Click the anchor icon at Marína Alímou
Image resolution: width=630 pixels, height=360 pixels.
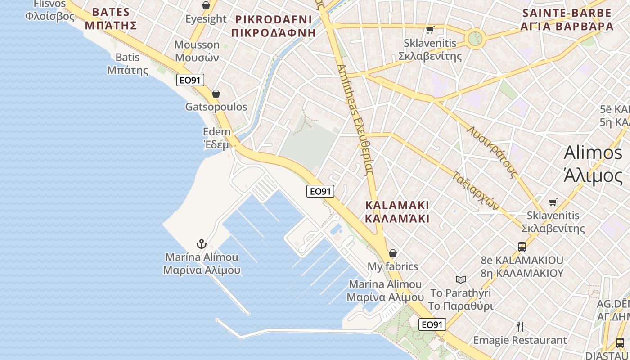pos(201,244)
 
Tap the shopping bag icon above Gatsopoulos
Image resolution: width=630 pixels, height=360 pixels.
pos(216,94)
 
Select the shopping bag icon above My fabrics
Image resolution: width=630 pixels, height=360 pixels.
pos(393,253)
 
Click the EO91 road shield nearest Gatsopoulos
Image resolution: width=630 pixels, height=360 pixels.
pos(190,80)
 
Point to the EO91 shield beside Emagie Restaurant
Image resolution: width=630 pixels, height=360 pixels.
pos(433,324)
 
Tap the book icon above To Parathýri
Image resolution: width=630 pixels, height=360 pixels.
pos(461,279)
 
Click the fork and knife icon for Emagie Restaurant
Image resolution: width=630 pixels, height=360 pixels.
pos(520,326)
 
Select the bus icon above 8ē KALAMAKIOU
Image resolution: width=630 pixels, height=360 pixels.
pos(522,247)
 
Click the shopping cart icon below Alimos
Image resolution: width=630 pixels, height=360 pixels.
pos(553,202)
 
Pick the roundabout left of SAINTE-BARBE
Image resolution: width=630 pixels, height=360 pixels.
pos(474,38)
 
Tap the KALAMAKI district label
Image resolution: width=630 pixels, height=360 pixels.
pos(397,212)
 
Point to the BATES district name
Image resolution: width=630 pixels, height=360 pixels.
pos(111,18)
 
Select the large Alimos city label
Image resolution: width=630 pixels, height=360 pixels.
pos(593,164)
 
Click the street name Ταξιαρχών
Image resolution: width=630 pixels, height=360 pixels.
pos(476,190)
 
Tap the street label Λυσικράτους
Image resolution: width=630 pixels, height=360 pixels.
pos(492,151)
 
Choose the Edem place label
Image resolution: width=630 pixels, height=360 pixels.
pos(216,138)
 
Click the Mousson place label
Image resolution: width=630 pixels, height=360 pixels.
pos(197,51)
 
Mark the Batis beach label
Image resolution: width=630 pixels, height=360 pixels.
pos(128,63)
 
